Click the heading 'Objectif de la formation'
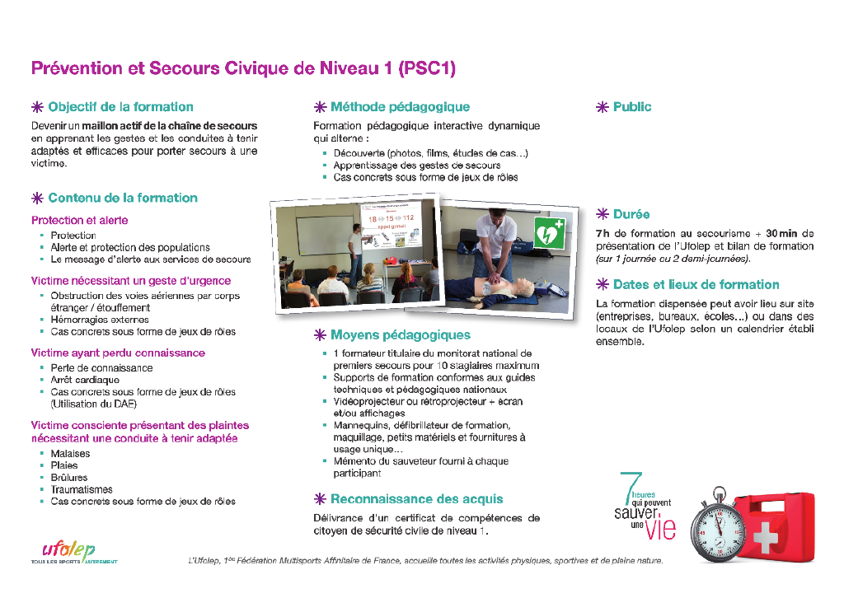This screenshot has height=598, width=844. click(120, 107)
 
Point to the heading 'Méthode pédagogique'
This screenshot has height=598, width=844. click(400, 107)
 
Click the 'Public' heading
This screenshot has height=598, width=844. click(632, 107)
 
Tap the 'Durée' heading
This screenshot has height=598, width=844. click(631, 214)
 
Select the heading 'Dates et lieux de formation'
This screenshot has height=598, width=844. click(696, 285)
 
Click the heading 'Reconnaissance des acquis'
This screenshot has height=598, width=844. click(416, 499)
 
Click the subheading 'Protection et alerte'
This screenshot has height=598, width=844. click(80, 221)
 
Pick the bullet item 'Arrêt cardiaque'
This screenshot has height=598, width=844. click(85, 381)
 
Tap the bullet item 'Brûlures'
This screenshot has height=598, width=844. click(69, 478)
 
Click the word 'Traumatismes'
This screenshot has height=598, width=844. click(82, 489)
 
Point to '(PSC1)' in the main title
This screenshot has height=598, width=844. click(426, 68)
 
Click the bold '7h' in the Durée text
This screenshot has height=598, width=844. click(603, 234)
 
